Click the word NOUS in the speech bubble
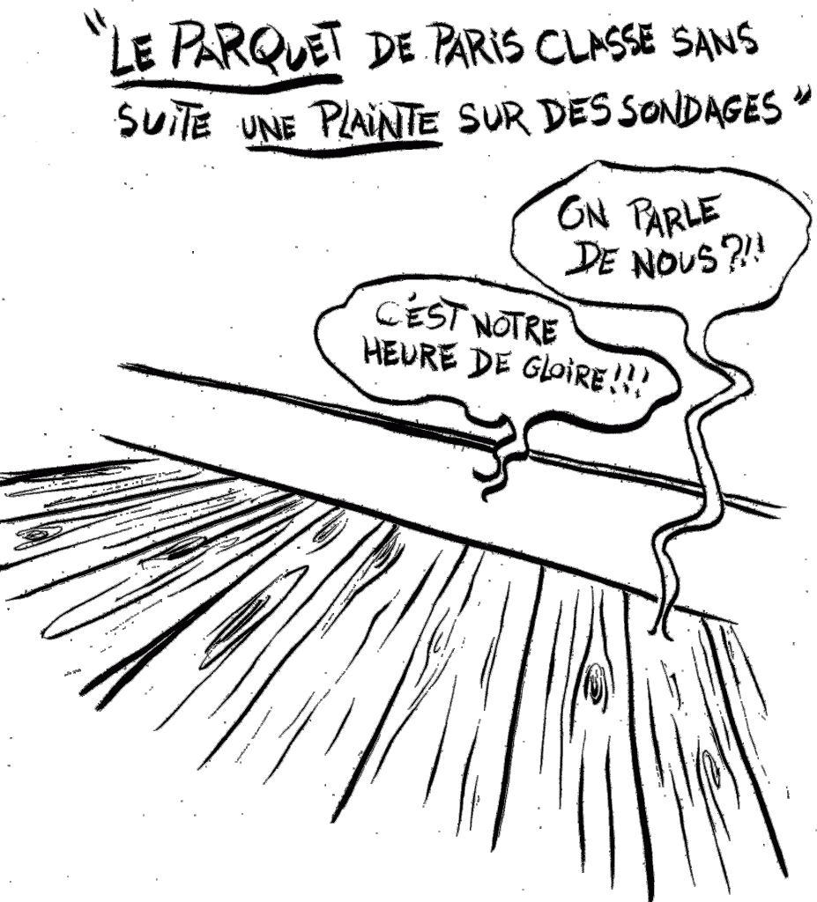click(x=674, y=260)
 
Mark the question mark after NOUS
click(x=731, y=257)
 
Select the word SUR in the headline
click(x=494, y=118)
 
